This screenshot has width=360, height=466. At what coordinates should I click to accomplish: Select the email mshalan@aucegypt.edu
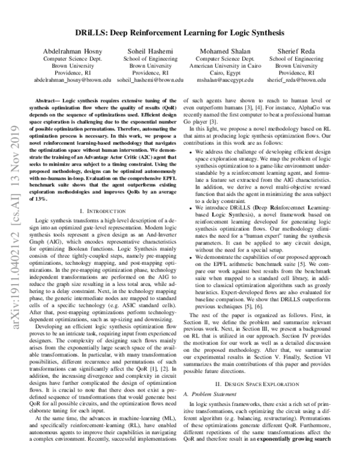pos(224,79)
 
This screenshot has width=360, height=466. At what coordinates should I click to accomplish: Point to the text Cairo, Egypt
pos(224,72)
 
